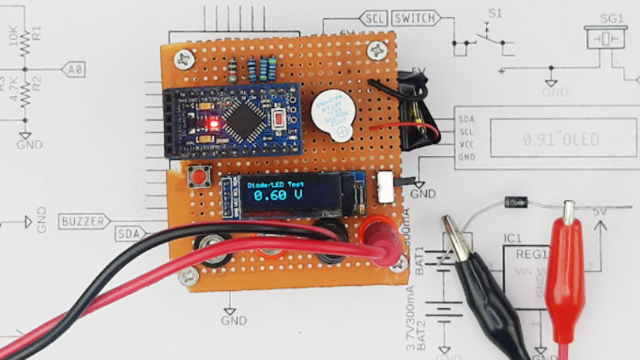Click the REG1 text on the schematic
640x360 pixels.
click(x=532, y=254)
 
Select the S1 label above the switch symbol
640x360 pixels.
click(x=495, y=13)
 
